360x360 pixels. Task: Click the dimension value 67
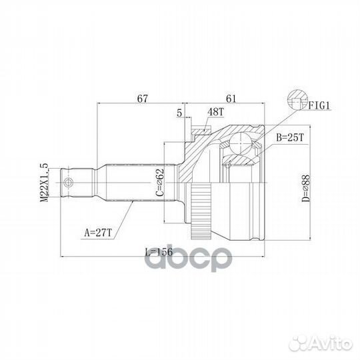point(141,98)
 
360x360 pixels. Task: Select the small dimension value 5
point(179,113)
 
